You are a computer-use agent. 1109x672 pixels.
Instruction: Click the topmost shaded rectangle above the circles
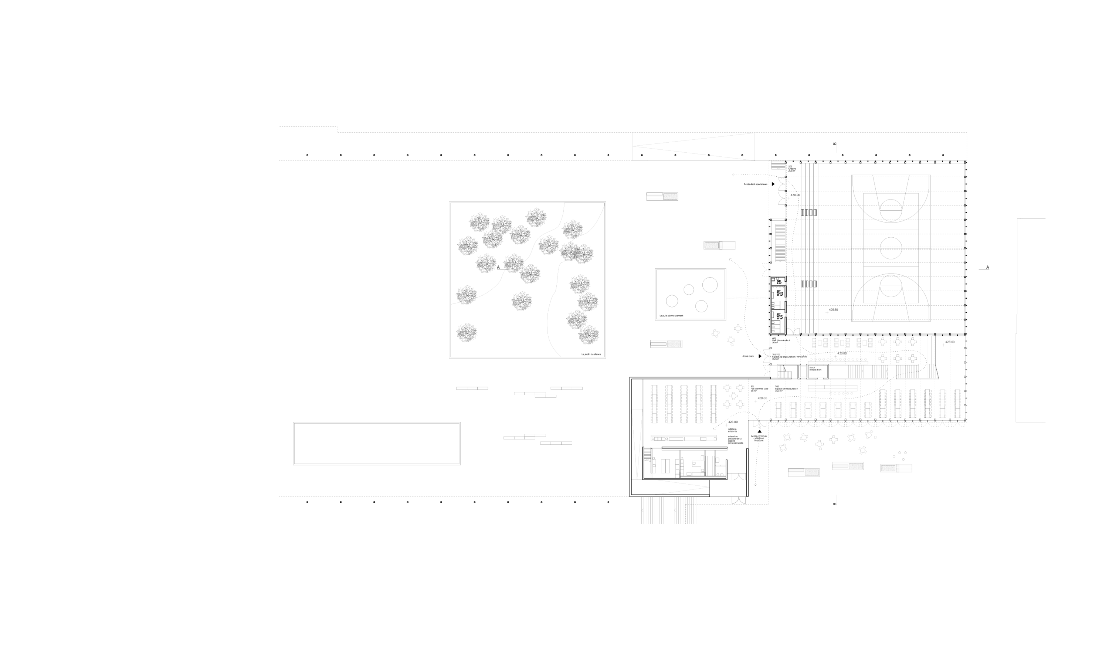(662, 197)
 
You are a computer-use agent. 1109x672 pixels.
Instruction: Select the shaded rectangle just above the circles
(719, 245)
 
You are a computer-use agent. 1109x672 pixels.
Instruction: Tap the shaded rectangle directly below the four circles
(666, 344)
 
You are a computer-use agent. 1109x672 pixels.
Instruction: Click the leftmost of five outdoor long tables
(654, 404)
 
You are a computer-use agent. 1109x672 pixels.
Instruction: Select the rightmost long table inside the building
(957, 403)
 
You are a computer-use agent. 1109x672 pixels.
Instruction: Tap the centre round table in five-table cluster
(734, 396)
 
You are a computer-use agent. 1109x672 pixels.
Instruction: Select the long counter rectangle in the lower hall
(832, 388)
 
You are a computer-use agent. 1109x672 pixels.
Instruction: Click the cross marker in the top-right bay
(944, 345)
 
